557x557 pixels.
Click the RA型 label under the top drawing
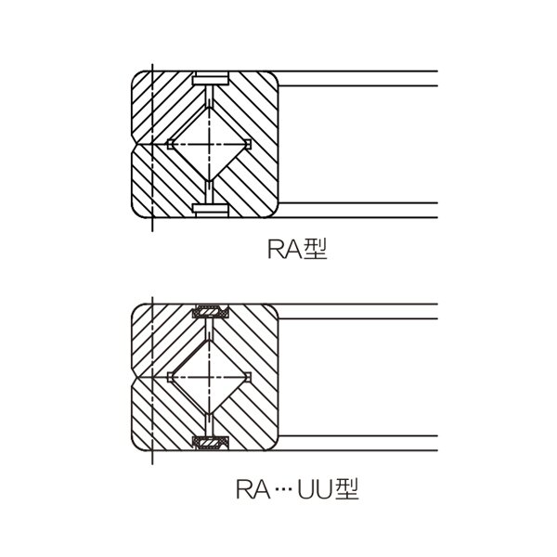[x=297, y=249]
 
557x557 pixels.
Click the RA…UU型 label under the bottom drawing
[x=297, y=489]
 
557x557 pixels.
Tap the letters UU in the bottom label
[x=314, y=489]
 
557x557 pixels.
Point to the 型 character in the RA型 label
[x=316, y=249]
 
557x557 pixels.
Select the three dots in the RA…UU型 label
[x=283, y=490]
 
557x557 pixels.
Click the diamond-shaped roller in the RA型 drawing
[x=209, y=144]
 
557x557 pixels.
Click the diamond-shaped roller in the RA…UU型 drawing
[x=209, y=377]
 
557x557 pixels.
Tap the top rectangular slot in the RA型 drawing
[x=211, y=78]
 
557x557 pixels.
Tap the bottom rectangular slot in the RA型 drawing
[x=211, y=210]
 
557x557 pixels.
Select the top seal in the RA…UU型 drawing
[x=211, y=312]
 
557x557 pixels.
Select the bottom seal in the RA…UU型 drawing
[x=211, y=443]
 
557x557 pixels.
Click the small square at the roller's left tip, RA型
[x=170, y=144]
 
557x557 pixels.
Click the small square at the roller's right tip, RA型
[x=248, y=144]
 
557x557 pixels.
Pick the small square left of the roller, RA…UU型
[x=170, y=377]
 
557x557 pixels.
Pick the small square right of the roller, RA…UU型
[x=248, y=377]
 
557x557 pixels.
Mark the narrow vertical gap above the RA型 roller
[x=210, y=96]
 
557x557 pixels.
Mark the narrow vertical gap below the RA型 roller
[x=210, y=192]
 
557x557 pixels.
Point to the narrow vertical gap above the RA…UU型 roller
[x=210, y=330]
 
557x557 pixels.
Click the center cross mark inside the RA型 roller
[x=209, y=144]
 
